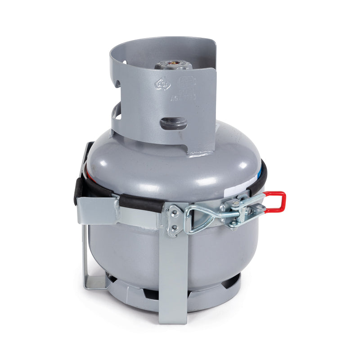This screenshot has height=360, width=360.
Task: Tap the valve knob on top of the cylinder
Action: [173, 66]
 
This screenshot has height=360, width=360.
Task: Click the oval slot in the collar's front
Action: [174, 122]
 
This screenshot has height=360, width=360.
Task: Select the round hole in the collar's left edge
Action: [117, 84]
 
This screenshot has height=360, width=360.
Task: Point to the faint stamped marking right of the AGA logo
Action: [185, 83]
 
